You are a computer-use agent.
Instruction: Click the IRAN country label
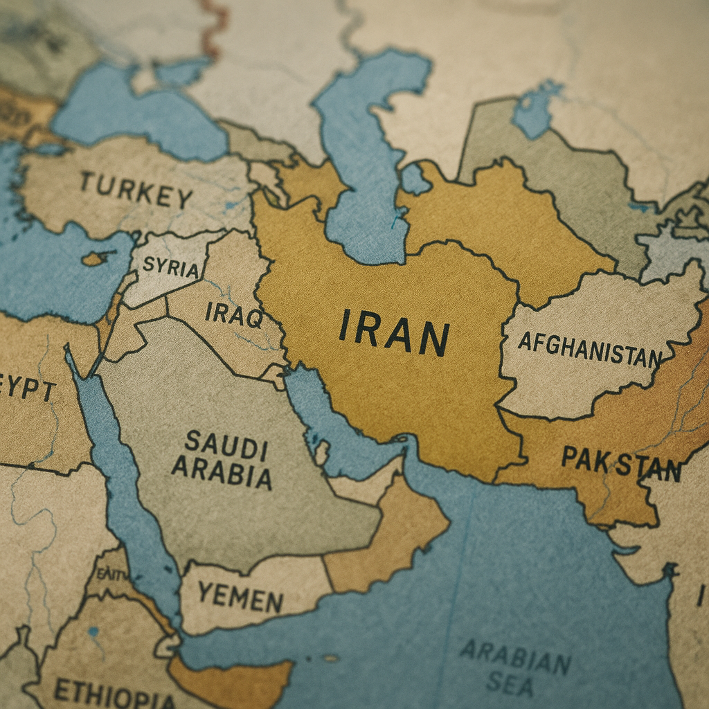[394, 333]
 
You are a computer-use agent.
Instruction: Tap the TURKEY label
[135, 190]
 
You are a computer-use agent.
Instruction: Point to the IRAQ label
[233, 316]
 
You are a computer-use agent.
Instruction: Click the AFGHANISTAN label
[589, 350]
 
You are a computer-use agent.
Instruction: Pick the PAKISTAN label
[620, 463]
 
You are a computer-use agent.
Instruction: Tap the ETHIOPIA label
[114, 692]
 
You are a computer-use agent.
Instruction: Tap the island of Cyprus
[94, 259]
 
